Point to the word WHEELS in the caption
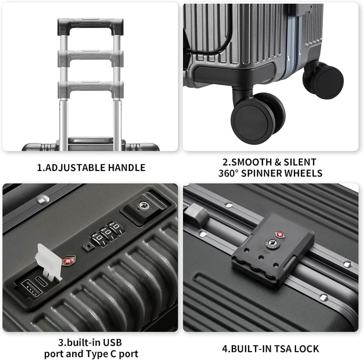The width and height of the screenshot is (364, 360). coord(303,173)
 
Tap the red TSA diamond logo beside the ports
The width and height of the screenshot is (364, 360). coord(69,260)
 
